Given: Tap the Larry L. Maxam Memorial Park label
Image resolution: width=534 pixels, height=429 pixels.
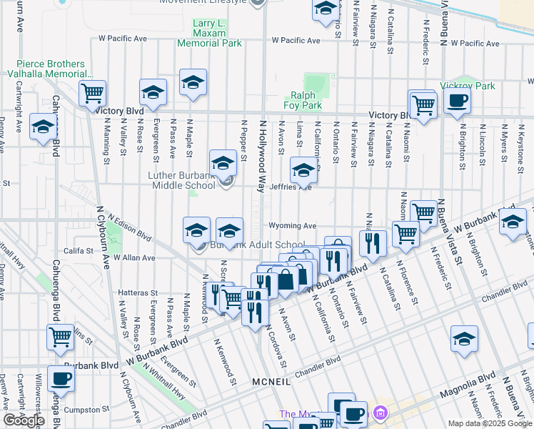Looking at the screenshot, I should coord(208,34).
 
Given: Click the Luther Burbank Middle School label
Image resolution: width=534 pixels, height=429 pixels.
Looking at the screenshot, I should coord(181,180).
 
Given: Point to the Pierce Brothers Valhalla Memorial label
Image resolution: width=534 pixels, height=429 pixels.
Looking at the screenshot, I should coord(50,69).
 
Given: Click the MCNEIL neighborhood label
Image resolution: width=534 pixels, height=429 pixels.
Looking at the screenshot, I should coord(271,383).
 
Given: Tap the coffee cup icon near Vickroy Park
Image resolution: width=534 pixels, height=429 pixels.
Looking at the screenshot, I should coord(458,101).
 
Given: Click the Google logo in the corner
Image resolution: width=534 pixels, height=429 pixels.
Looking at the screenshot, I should coord(24,420).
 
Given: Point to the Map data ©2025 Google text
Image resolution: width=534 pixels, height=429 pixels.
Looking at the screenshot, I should coord(490,423).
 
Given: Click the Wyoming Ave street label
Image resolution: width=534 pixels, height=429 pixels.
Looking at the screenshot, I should coord(293,225).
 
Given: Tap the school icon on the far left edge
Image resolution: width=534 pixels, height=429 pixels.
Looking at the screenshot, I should coord(43,127).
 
